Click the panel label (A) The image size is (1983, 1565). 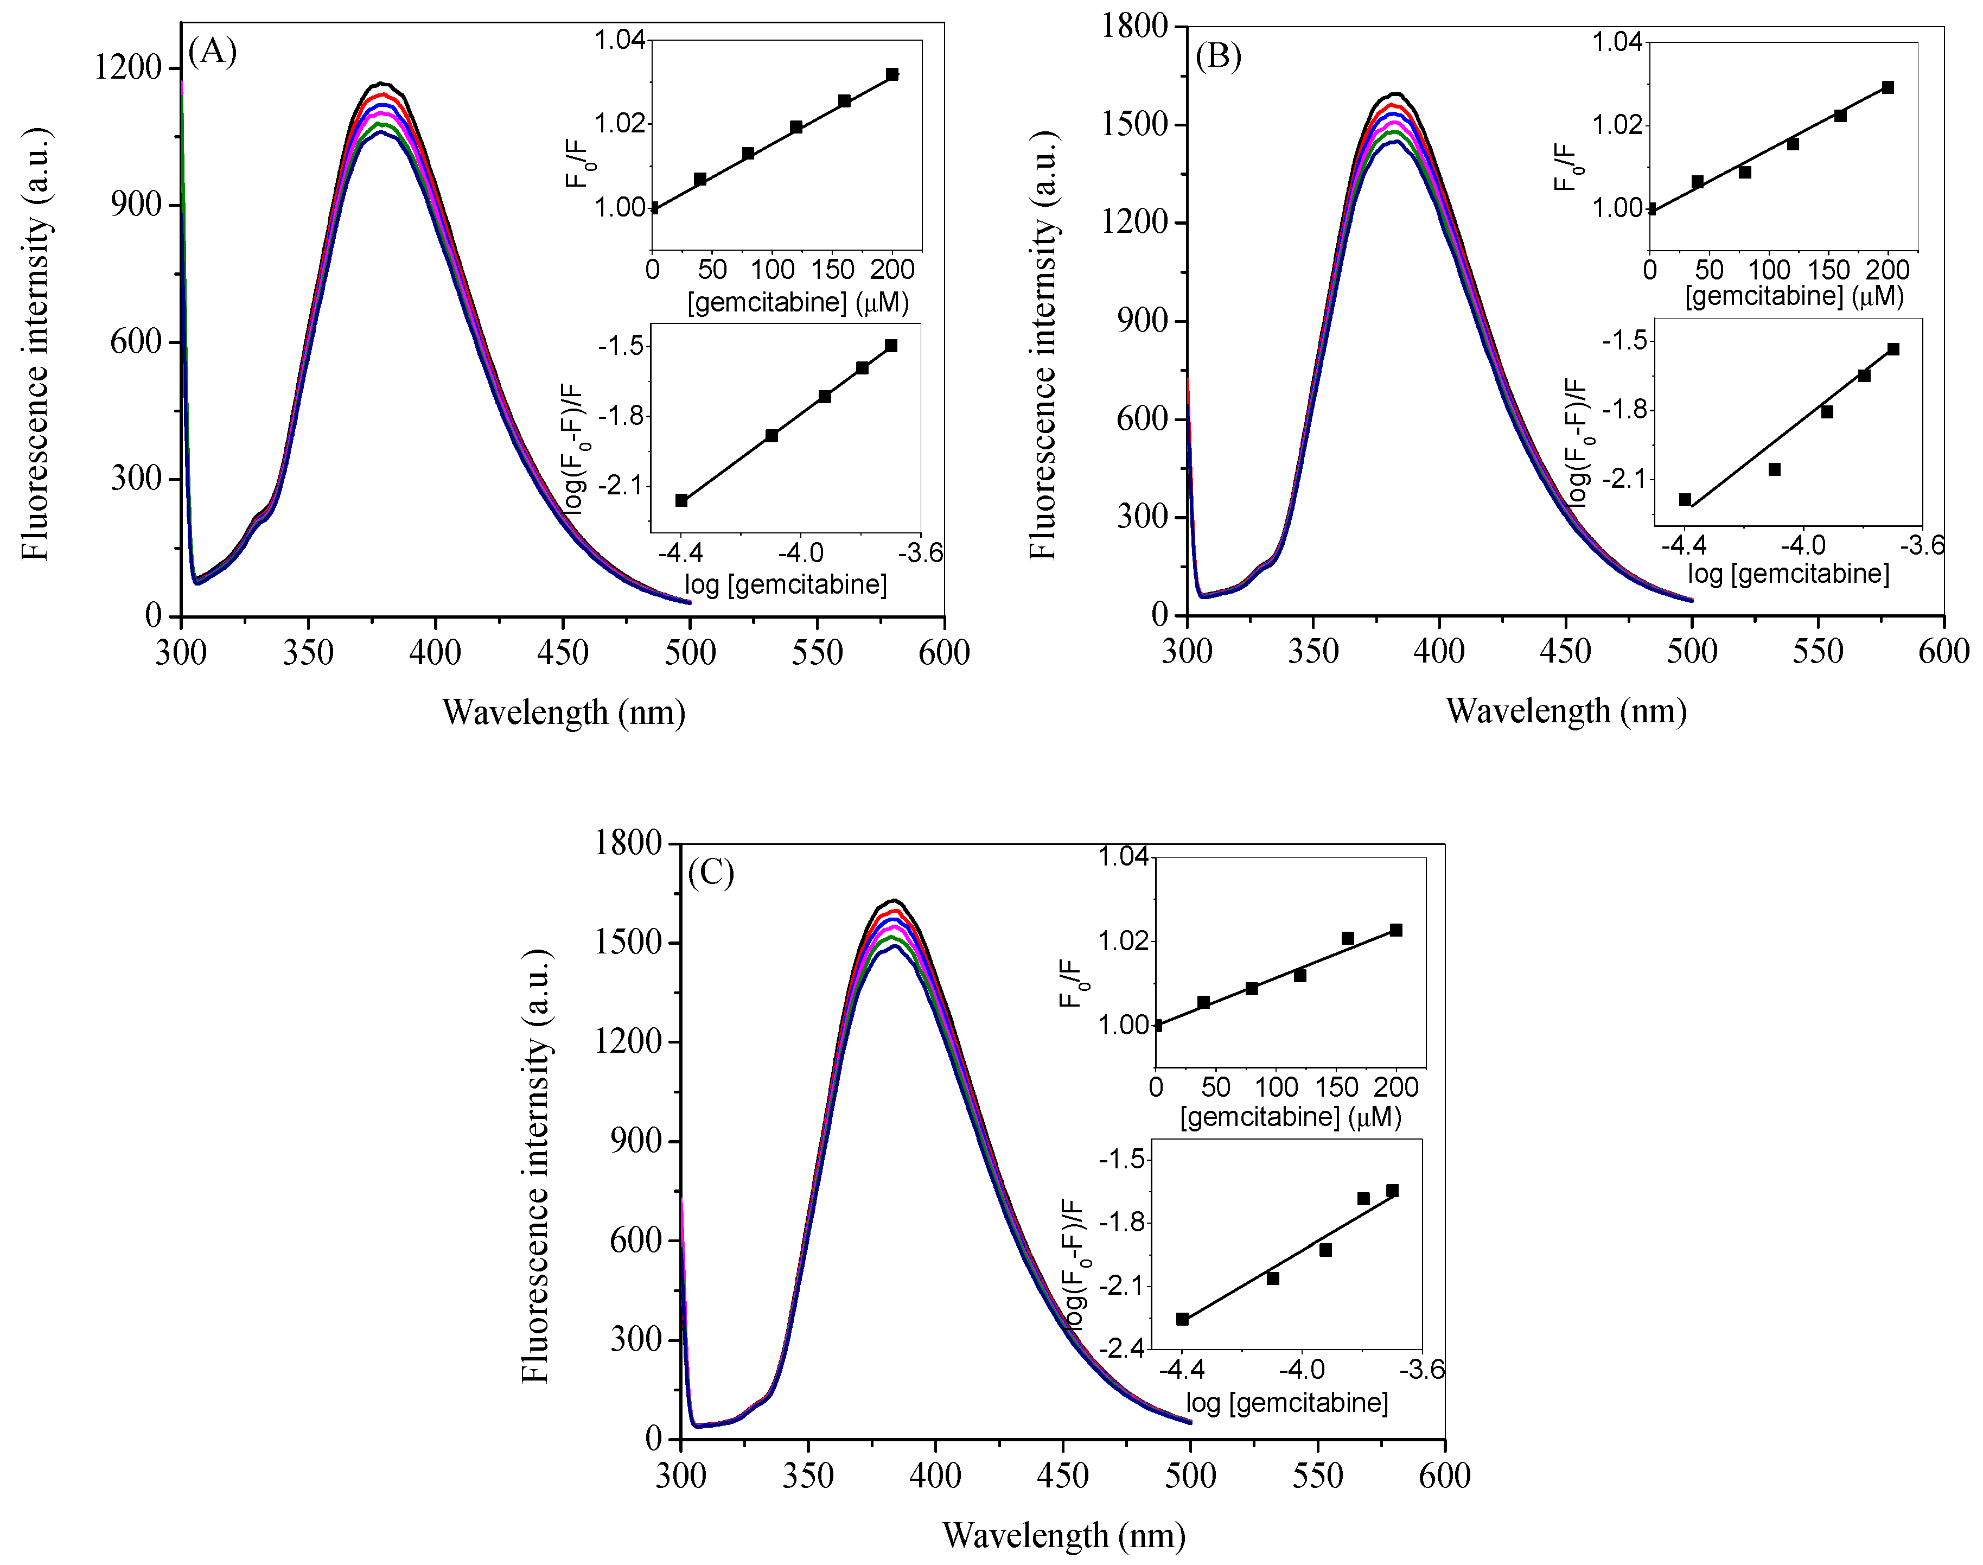213,52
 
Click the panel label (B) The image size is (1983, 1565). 1218,57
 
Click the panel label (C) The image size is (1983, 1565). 711,873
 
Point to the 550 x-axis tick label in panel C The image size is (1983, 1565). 1317,1476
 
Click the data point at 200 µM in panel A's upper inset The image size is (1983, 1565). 892,74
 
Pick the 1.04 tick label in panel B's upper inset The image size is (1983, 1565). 1617,43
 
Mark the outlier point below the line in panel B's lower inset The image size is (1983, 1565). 1774,469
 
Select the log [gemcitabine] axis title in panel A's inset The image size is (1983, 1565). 785,584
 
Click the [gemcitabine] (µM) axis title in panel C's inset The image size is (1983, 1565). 1291,1117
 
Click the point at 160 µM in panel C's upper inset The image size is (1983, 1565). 1347,938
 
